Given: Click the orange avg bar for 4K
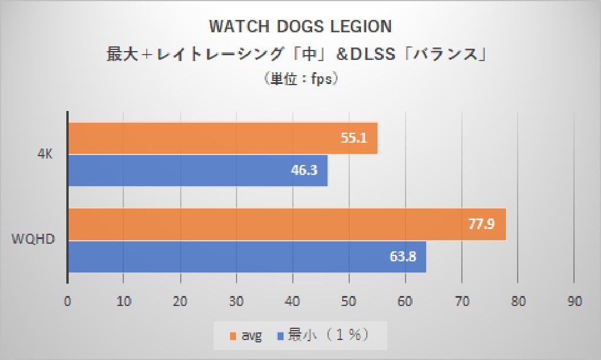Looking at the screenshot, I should (223, 139).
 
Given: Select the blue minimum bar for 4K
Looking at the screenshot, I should (198, 170).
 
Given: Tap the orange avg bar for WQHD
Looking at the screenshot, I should (287, 224).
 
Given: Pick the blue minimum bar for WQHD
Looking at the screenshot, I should (247, 256).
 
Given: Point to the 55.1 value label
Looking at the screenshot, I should (354, 139).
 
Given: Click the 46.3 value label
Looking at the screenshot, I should (304, 170).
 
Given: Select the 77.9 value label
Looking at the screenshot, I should (482, 224).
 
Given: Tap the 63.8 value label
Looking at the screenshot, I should (403, 256).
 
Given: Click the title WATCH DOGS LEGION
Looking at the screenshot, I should (300, 27).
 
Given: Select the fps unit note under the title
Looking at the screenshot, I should (300, 79).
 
